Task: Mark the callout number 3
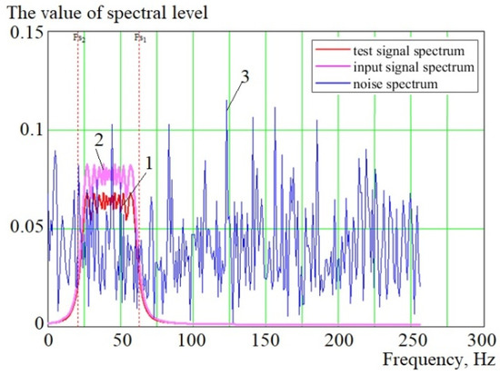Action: tap(245, 78)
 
